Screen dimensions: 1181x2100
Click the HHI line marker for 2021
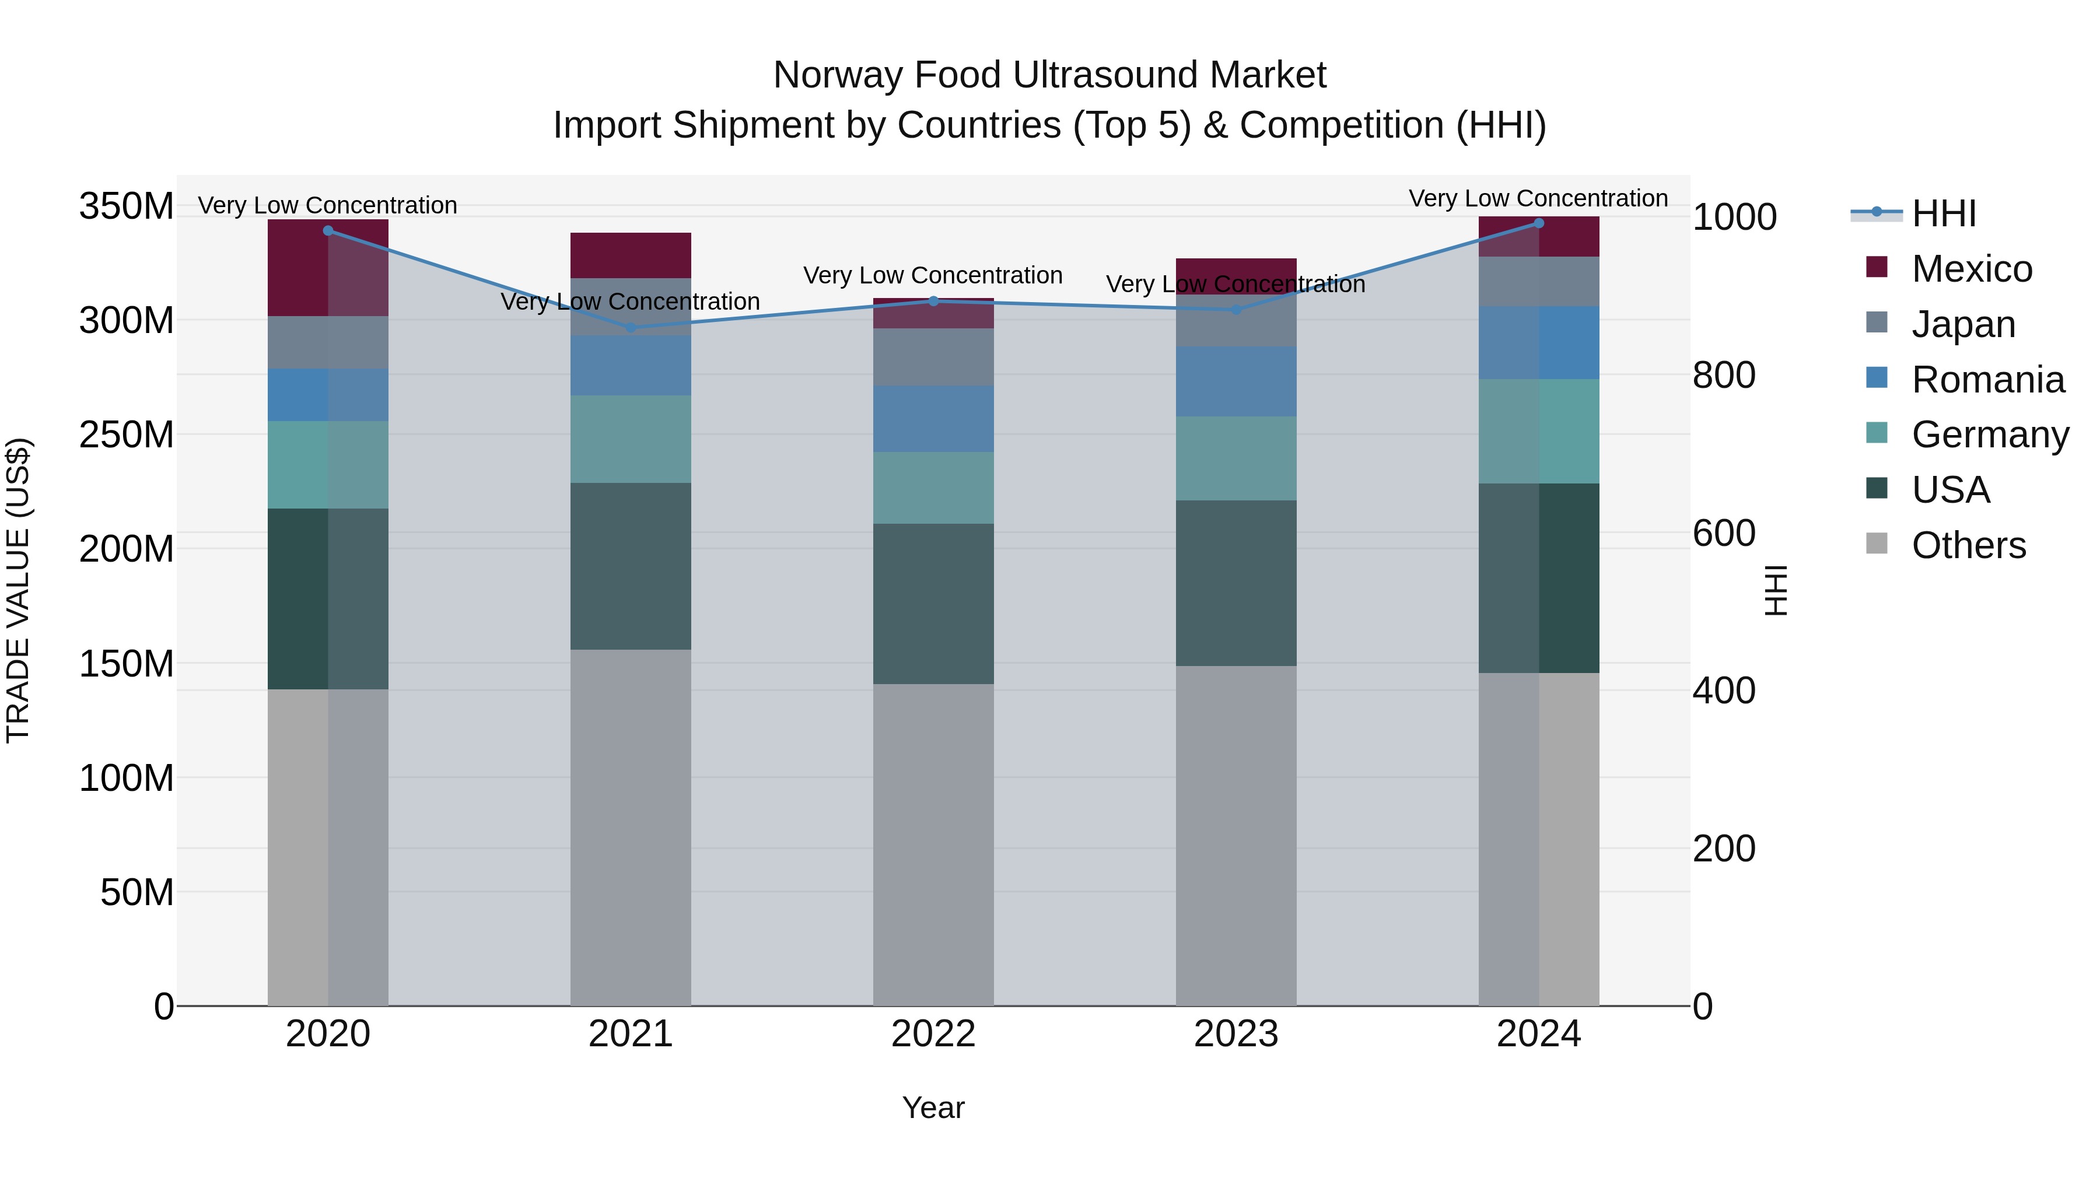point(630,328)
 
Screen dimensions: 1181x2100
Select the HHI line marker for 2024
point(1538,223)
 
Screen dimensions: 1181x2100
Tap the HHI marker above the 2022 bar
point(933,301)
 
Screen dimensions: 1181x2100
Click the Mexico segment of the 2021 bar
point(630,255)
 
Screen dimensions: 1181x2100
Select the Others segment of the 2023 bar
point(1236,835)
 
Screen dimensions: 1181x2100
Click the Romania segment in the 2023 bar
point(1236,381)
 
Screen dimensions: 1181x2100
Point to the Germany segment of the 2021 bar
point(630,439)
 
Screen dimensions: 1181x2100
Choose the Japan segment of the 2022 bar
point(933,357)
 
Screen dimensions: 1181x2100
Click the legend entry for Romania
point(1987,380)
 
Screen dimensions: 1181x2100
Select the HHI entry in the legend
point(1944,213)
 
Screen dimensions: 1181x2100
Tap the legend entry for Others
point(1968,545)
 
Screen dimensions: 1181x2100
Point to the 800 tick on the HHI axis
point(1723,375)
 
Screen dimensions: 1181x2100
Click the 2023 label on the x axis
point(1236,1034)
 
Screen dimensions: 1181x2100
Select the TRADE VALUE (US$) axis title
point(18,590)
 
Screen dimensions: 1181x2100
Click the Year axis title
point(933,1108)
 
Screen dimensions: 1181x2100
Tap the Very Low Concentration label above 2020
point(328,205)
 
